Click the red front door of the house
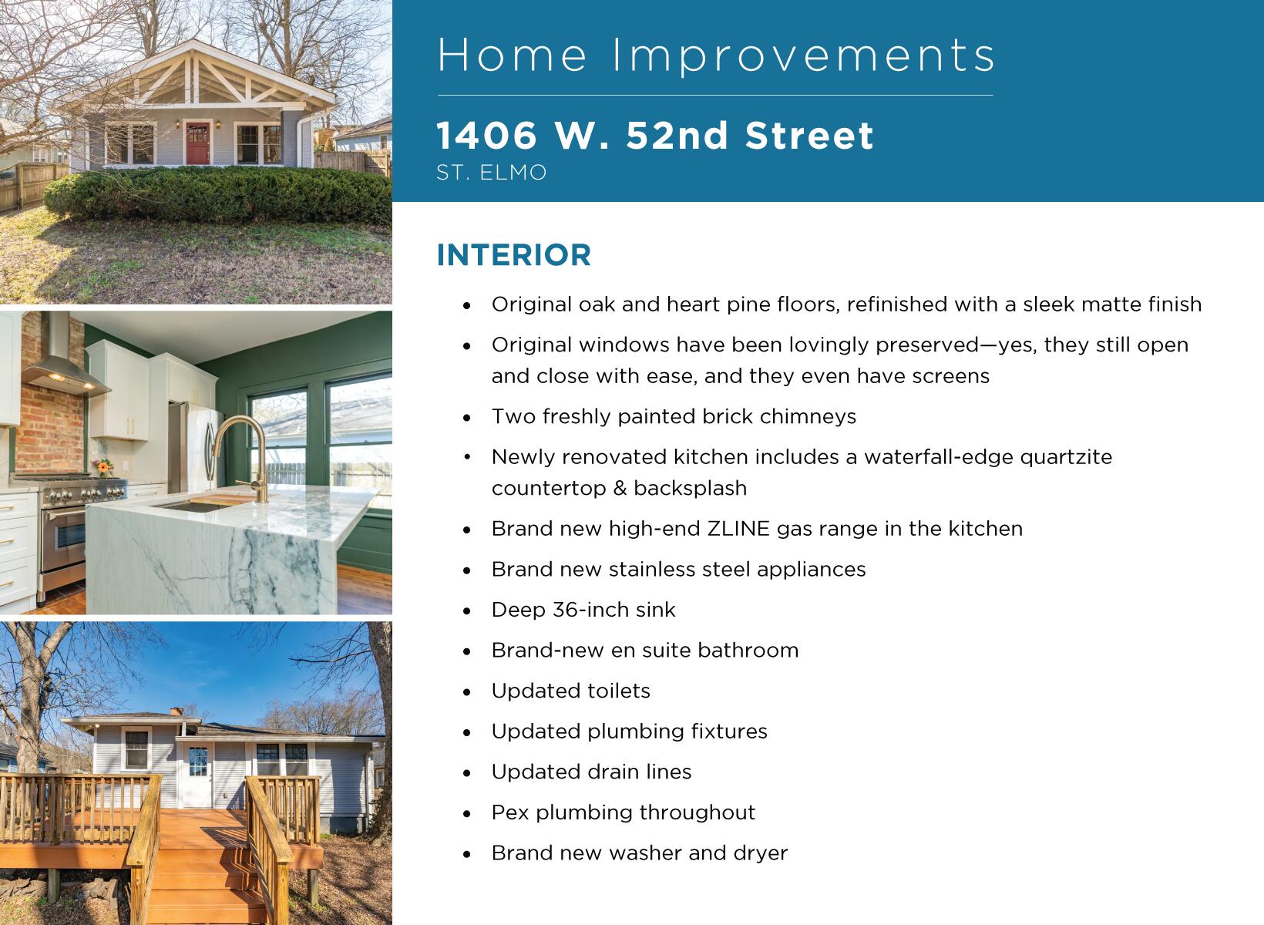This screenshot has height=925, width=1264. (197, 143)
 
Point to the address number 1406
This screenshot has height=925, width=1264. (487, 136)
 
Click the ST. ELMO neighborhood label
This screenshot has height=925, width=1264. (492, 172)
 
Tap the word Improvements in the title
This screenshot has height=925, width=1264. (804, 55)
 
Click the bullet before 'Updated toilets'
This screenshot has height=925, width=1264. (466, 692)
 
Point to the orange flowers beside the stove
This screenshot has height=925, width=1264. (103, 467)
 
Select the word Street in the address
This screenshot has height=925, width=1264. (809, 136)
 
